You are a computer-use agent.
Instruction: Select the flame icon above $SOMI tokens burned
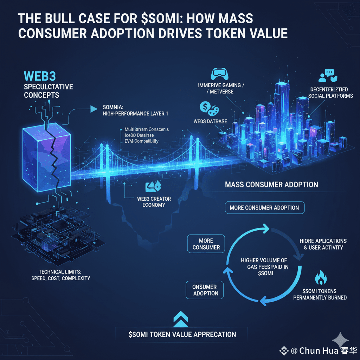click(321, 278)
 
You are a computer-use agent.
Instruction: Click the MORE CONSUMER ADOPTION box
click(264, 208)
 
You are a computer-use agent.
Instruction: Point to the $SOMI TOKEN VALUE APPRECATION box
click(182, 334)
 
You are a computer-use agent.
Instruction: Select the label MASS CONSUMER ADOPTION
click(271, 185)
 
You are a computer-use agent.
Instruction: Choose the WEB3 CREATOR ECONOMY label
click(154, 202)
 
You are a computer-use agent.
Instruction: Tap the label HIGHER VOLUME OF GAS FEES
click(264, 264)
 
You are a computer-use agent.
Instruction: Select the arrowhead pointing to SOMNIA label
click(94, 109)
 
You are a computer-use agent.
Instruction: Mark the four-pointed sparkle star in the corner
click(340, 340)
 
